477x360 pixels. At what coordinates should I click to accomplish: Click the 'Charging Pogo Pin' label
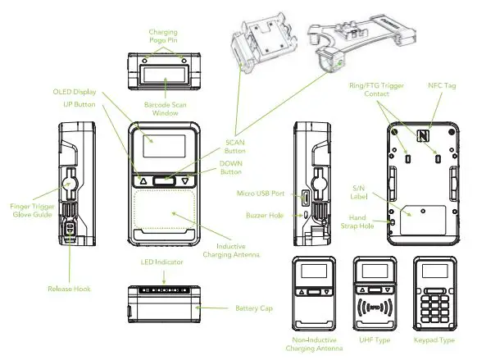point(162,36)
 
